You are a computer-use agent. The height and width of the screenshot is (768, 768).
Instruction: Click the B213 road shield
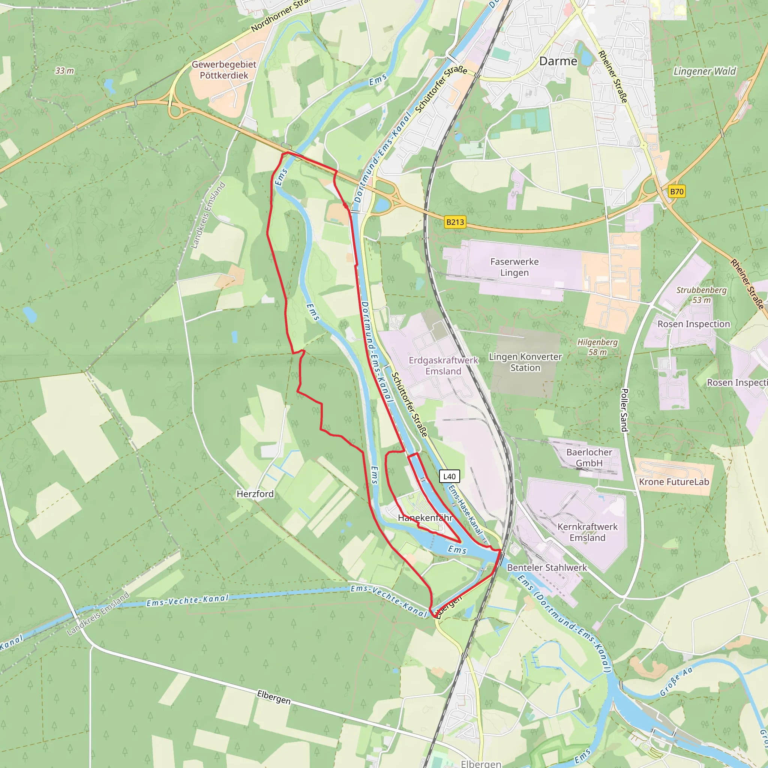coord(455,222)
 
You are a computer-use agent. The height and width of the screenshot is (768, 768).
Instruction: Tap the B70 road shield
coord(676,192)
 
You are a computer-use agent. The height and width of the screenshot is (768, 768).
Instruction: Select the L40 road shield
coord(449,476)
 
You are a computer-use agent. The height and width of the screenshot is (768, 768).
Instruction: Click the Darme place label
coord(558,61)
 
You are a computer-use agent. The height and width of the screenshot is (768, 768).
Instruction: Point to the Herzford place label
coord(255,494)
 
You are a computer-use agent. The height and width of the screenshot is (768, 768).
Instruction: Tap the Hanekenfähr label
coord(425,517)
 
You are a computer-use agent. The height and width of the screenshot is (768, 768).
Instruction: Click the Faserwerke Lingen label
coord(514,267)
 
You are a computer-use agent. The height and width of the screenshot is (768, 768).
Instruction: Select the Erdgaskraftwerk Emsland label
coord(443,365)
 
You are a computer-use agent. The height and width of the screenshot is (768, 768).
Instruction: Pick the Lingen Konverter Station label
coord(525,362)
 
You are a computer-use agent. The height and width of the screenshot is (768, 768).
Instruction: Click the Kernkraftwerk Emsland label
coord(587,532)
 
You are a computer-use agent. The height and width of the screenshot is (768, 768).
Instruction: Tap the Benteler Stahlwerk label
coord(547,567)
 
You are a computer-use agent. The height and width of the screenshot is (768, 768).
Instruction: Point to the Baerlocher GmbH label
coord(589,457)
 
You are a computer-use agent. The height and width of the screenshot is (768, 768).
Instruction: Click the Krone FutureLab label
coord(674,482)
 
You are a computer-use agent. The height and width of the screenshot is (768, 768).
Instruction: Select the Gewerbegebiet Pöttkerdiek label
coord(224,70)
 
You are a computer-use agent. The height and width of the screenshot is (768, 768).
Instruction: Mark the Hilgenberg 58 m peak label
coord(597,346)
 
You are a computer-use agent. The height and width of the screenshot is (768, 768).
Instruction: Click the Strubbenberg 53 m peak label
coord(701,295)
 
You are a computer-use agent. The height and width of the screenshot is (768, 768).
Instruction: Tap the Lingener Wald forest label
coord(704,71)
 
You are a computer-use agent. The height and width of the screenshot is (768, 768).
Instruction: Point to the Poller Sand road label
coord(624,410)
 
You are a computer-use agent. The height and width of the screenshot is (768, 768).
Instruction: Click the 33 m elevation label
coord(64,71)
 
